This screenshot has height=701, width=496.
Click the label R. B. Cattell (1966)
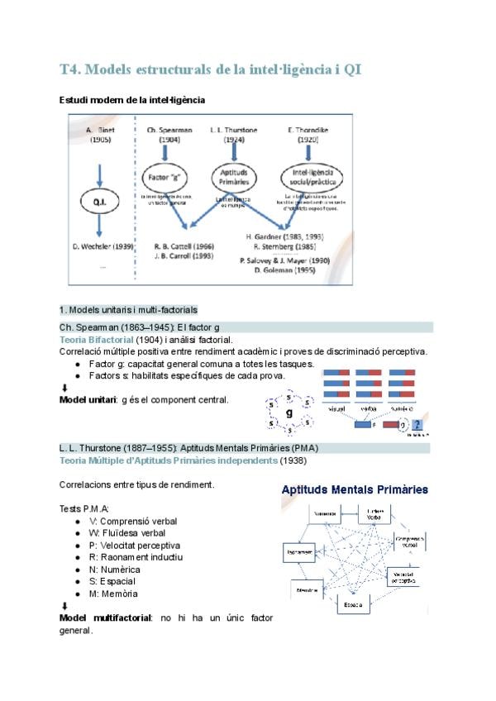[185, 246]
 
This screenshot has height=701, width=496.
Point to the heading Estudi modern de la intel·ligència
[132, 100]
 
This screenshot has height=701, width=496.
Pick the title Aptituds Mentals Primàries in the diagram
[355, 489]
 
